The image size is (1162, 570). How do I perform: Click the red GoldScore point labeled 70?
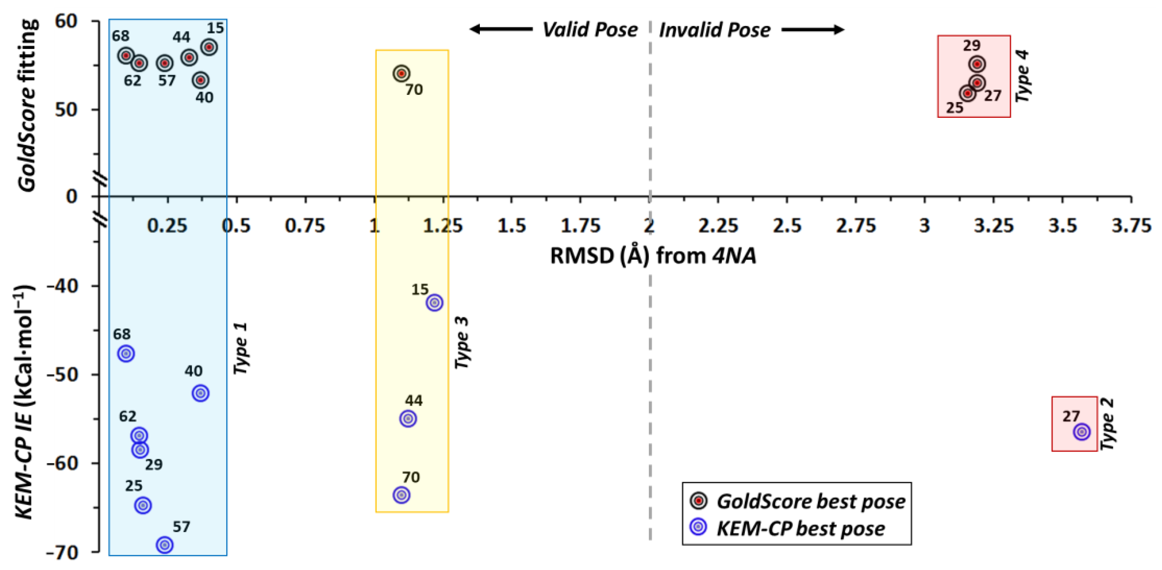tap(401, 73)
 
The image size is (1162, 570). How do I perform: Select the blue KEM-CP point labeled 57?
tap(165, 545)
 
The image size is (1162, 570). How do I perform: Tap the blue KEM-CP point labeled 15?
tap(434, 303)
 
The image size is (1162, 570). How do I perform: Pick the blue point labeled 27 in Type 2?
tap(1082, 432)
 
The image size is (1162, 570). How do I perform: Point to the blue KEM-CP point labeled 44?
tap(408, 418)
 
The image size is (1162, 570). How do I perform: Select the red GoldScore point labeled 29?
tap(977, 64)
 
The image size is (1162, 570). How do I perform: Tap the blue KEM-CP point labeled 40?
tap(201, 393)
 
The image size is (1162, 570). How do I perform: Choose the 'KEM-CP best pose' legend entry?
tap(800, 528)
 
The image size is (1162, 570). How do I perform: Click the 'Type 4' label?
tap(1023, 76)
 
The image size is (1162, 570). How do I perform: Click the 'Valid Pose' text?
tap(590, 30)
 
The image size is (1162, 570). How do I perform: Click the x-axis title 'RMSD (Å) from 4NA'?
tap(653, 256)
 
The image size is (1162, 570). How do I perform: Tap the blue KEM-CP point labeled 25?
tap(143, 505)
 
